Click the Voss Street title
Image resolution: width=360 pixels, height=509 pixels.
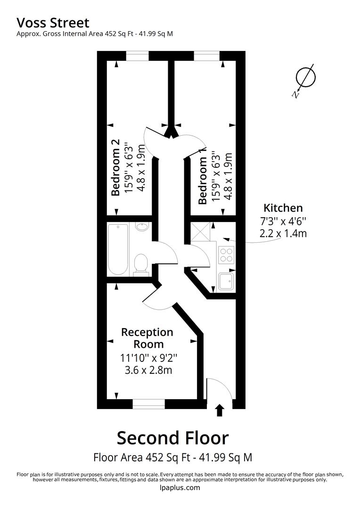pyautogui.click(x=53, y=23)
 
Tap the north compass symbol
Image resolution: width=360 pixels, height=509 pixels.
pyautogui.click(x=304, y=80)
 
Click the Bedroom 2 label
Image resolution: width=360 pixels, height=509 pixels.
pyautogui.click(x=115, y=167)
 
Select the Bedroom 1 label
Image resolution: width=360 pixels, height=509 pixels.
pyautogui.click(x=202, y=181)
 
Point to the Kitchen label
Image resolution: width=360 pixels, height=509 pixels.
pyautogui.click(x=283, y=208)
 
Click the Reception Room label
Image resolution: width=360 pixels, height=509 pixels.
pyautogui.click(x=147, y=338)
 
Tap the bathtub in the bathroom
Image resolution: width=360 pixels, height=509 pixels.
pyautogui.click(x=118, y=249)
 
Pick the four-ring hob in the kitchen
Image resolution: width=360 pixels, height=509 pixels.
pyautogui.click(x=226, y=254)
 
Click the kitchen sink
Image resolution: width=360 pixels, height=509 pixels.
pyautogui.click(x=226, y=281)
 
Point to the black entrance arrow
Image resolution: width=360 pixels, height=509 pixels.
pyautogui.click(x=220, y=410)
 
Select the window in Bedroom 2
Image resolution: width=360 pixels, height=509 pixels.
pyautogui.click(x=137, y=56)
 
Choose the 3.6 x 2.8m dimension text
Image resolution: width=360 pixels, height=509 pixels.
pyautogui.click(x=148, y=370)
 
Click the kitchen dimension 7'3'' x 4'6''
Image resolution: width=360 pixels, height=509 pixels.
pyautogui.click(x=283, y=222)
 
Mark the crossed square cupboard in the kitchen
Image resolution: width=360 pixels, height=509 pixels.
pyautogui.click(x=200, y=232)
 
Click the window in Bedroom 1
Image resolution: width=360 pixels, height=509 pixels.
pyautogui.click(x=207, y=56)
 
